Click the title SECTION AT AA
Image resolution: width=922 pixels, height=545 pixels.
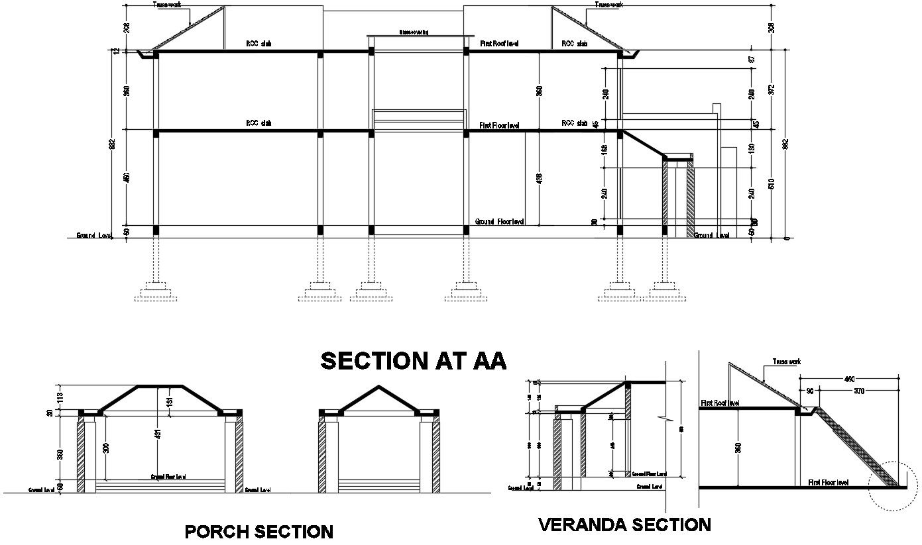point(413,361)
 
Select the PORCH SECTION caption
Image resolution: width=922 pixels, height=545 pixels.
point(259,532)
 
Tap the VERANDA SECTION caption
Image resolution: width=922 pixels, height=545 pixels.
point(624,525)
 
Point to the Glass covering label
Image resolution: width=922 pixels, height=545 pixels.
point(414,32)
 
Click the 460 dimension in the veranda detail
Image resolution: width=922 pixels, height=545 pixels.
point(849,379)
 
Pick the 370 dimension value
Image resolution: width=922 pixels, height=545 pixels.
point(860,391)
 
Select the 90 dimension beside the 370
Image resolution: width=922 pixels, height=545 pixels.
point(809,391)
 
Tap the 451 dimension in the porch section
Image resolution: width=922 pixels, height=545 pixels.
point(158,434)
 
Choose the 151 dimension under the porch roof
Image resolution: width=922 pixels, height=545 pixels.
point(170,401)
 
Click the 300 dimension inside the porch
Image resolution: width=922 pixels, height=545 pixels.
point(106,448)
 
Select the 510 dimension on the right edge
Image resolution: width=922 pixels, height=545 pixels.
point(771,183)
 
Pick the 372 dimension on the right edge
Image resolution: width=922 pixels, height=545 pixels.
point(771,89)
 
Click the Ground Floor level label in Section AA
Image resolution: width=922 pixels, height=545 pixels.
point(500,221)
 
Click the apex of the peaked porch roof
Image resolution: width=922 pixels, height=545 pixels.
point(378,385)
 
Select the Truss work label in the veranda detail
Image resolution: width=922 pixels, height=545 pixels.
point(786,362)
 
